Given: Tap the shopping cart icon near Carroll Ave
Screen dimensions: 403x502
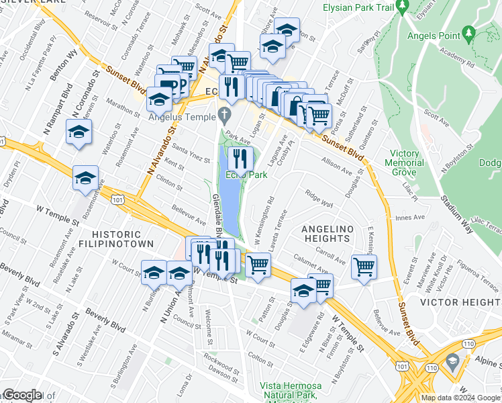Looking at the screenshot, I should pyautogui.click(x=364, y=266).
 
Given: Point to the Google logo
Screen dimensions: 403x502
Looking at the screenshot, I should pyautogui.click(x=21, y=395).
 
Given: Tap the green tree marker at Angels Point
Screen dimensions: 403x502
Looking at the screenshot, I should pyautogui.click(x=468, y=32).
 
